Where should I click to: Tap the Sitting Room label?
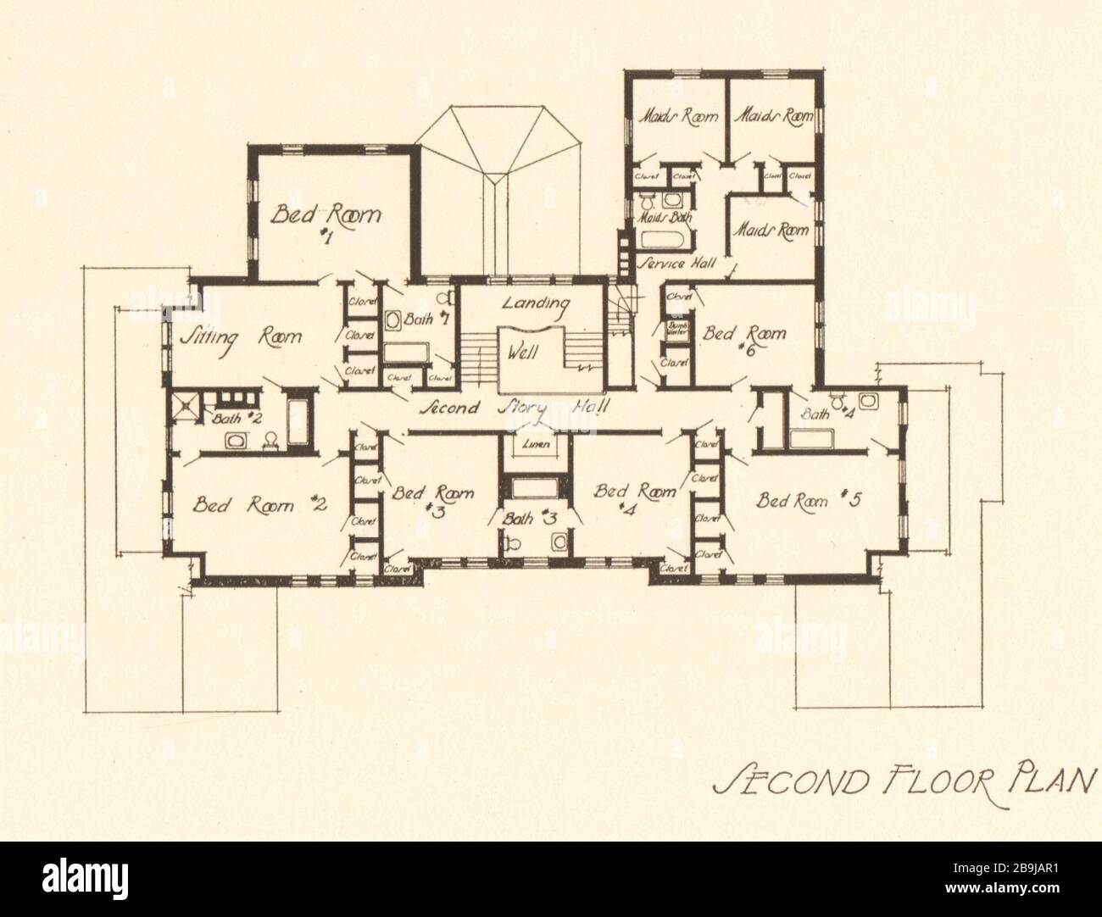241,336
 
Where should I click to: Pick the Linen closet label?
535,445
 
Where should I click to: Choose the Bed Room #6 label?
744,340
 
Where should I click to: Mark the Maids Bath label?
665,218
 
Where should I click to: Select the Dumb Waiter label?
676,328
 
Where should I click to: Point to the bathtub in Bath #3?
535,488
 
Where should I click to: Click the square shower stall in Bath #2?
187,404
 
